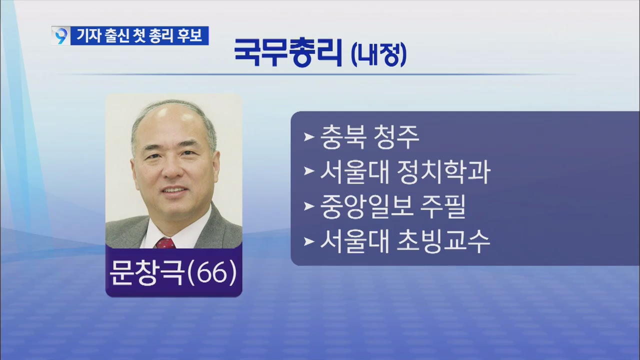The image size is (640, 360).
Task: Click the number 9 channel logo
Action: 61,36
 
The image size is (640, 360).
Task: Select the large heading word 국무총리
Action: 288,53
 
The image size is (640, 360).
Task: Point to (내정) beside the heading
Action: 378,55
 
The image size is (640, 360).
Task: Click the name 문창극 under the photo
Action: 146,273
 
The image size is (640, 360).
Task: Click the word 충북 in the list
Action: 343,137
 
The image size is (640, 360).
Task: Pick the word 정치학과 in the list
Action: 443,172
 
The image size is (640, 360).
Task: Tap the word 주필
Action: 443,207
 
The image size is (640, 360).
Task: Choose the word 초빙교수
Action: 443,241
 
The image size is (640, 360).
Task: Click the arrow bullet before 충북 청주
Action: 309,137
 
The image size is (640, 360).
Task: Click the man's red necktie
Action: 165,243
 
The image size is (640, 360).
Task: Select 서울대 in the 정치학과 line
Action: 354,172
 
